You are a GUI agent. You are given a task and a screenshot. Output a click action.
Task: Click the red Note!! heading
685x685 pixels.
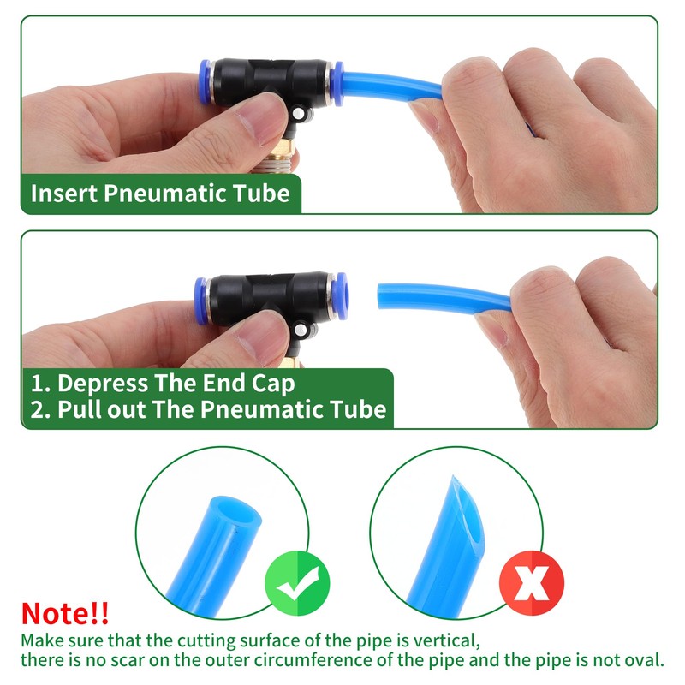click(65, 613)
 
